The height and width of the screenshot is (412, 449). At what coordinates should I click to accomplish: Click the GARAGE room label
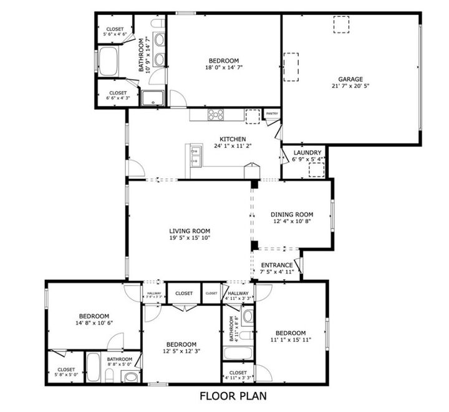click(350, 79)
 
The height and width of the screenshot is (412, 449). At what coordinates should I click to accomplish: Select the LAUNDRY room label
click(307, 153)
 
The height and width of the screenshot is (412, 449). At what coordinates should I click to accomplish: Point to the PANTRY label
click(272, 114)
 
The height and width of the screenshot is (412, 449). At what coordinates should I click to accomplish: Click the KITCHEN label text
click(233, 139)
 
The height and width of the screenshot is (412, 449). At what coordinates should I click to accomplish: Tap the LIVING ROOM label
click(190, 230)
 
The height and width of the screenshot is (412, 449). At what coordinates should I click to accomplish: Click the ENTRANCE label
click(276, 265)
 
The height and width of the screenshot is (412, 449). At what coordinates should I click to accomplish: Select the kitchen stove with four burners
click(216, 115)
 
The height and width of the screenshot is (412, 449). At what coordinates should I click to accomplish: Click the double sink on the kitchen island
click(195, 155)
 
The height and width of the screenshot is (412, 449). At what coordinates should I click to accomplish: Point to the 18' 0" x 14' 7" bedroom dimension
click(224, 69)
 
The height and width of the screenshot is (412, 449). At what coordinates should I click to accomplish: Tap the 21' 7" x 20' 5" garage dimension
click(350, 87)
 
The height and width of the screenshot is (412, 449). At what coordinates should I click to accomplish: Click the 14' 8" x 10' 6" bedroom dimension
click(94, 323)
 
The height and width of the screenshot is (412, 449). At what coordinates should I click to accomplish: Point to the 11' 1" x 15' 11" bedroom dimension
click(291, 340)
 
